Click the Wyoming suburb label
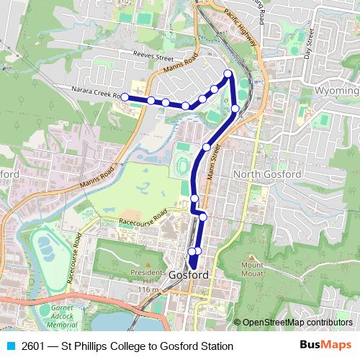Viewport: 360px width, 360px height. point(337,92)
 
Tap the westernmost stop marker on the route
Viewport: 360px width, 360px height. point(125,96)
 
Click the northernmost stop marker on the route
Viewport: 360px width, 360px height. point(228,73)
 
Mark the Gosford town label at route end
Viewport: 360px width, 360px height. point(189,275)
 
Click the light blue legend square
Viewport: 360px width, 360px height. point(10,346)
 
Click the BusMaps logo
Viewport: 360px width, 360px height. point(326,346)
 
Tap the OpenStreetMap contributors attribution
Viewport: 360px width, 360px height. point(297,323)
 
